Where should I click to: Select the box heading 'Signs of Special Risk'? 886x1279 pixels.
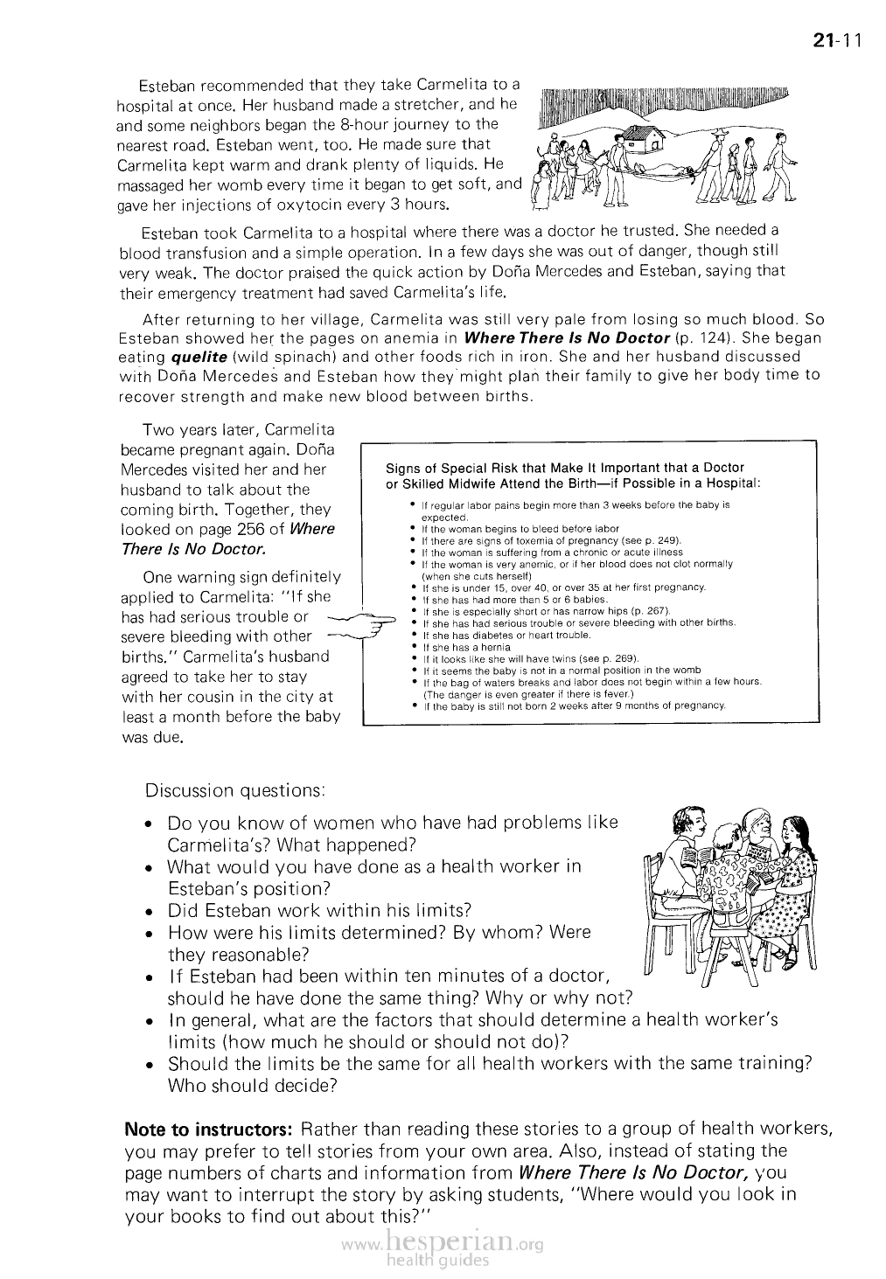point(574,476)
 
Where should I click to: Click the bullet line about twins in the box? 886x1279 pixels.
point(530,658)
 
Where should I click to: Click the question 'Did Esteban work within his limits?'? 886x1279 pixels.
point(319,910)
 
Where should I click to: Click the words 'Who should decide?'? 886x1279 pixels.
point(253,1086)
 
